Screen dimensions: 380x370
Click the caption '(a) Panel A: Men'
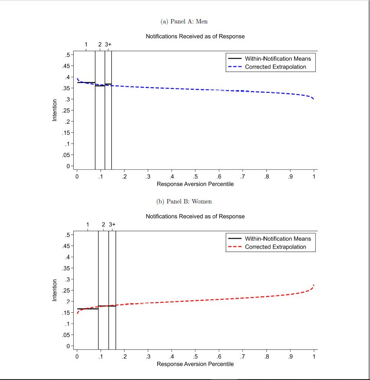184,21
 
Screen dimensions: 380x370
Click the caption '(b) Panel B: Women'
184,201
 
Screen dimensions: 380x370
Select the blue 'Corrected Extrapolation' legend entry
275,67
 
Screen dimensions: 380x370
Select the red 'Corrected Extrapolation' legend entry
275,247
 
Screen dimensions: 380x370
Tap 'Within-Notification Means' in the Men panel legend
278,59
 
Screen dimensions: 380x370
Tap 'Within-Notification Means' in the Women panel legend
278,239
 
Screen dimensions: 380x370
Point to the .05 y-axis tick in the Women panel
66,335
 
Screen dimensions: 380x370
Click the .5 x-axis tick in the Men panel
195,177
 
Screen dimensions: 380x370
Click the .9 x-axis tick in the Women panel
290,357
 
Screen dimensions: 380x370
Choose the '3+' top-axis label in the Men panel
108,44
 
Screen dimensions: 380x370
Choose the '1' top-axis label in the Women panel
88,224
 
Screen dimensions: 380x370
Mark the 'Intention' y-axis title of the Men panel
55,110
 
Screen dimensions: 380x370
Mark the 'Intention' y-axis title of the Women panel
55,290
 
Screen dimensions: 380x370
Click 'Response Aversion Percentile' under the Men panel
195,184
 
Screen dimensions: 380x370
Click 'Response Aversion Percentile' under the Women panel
195,364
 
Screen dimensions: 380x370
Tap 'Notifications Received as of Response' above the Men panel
195,36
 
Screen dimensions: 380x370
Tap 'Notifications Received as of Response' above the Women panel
195,216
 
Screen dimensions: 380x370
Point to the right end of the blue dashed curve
313,99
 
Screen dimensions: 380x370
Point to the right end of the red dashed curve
314,285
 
